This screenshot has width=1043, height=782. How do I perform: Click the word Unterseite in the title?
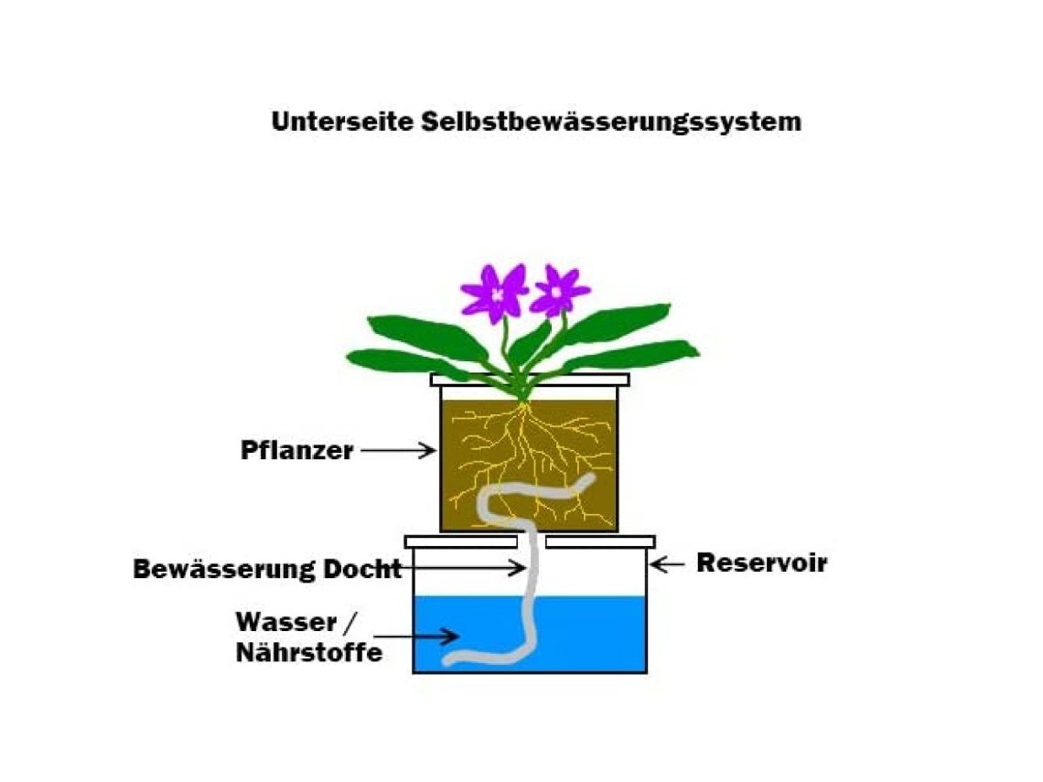[x=342, y=122]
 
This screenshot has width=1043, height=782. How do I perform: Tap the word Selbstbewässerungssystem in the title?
[x=611, y=123]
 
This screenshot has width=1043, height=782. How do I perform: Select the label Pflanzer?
[x=296, y=450]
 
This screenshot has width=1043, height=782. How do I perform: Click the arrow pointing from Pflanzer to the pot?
[x=398, y=450]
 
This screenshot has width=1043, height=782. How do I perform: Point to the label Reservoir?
[x=761, y=562]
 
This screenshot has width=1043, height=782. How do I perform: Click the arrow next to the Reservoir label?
[x=667, y=564]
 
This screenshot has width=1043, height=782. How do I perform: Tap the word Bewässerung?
[x=224, y=569]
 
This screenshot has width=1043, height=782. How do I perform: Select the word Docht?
[x=362, y=569]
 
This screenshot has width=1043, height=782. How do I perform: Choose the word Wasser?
[x=286, y=623]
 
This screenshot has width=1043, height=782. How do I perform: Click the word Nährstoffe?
[x=309, y=652]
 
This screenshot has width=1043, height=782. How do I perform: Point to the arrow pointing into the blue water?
[x=416, y=637]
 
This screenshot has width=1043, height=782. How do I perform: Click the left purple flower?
[x=494, y=294]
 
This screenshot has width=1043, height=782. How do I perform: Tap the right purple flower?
[x=557, y=291]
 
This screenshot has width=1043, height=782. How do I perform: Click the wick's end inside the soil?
[x=588, y=478]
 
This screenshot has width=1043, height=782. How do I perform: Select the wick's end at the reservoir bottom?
[x=450, y=660]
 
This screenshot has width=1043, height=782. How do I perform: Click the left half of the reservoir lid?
[x=461, y=542]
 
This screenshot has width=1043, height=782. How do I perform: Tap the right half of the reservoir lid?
[x=600, y=542]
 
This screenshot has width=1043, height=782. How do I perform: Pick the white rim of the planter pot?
[x=530, y=380]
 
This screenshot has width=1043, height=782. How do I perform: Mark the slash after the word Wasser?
[x=350, y=623]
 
